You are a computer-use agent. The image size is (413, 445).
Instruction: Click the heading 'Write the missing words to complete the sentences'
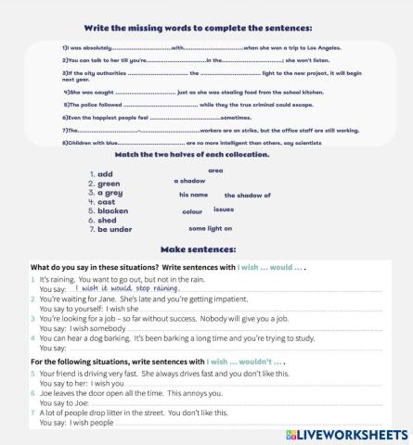[206, 29]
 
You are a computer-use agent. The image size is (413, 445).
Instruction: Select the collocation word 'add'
[105, 174]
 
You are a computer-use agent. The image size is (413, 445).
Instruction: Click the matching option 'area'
[215, 171]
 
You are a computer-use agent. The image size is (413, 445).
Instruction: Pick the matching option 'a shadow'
[189, 181]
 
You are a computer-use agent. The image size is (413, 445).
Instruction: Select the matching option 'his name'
[193, 195]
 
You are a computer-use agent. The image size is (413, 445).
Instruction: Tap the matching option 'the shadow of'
[247, 196]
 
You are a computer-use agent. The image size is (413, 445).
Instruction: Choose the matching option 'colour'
[192, 211]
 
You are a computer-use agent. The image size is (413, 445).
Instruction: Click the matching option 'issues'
[224, 210]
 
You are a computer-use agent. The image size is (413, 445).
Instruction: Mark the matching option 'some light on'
[210, 228]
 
